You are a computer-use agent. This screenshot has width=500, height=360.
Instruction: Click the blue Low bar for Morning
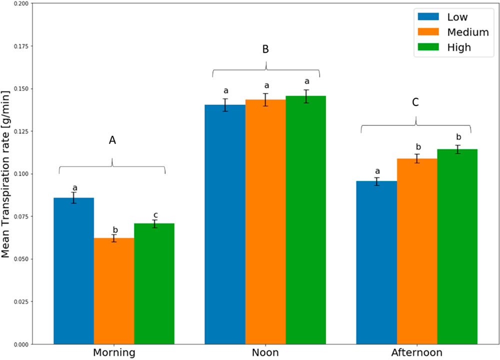tap(73, 270)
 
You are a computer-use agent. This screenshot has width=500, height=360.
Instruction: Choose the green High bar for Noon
tap(305, 220)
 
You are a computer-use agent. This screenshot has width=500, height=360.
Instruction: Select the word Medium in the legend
tap(468, 32)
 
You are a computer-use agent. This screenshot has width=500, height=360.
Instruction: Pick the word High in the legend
tap(459, 47)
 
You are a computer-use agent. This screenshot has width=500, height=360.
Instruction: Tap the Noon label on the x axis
tap(265, 352)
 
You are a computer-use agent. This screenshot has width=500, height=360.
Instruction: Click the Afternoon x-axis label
tap(417, 352)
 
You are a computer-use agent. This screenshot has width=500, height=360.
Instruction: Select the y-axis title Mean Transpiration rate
tap(6, 174)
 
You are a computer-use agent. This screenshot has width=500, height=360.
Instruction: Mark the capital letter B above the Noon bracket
tap(265, 49)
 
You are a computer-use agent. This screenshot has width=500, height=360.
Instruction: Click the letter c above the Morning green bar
tap(155, 215)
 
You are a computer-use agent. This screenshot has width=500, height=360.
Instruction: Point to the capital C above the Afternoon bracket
tap(415, 102)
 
